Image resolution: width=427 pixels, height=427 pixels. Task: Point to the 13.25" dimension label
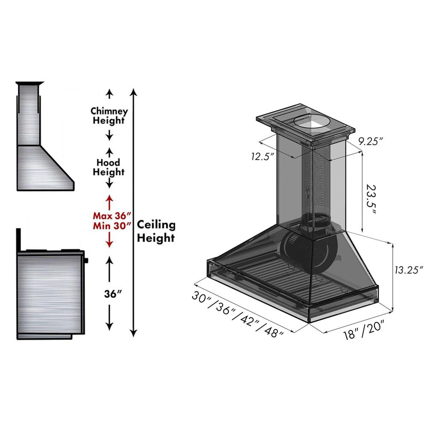[408, 269]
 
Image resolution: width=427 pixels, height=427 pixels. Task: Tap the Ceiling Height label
[156, 231]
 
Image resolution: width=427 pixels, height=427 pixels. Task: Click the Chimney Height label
[109, 116]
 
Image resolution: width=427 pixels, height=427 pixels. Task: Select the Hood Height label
[109, 167]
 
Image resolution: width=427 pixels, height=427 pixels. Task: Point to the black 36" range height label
[109, 294]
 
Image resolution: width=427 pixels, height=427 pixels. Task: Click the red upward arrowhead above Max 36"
[109, 199]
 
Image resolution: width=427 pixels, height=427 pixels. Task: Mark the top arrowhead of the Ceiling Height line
[134, 91]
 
